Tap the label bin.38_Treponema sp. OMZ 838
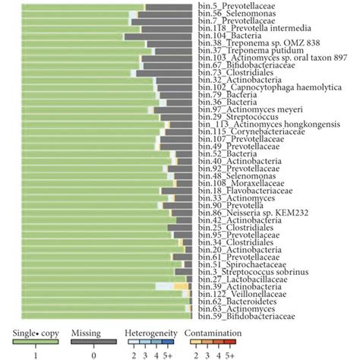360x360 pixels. point(248,43)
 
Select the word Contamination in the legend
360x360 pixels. point(207,332)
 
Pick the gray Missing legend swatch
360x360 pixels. point(93,342)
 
